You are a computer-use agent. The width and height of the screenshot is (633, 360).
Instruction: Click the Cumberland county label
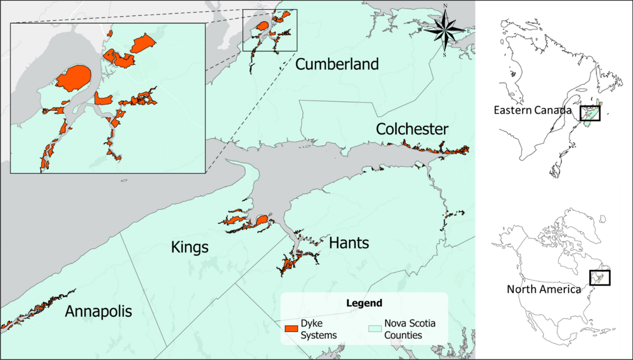click(337, 64)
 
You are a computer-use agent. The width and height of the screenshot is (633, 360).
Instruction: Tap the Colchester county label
click(412, 129)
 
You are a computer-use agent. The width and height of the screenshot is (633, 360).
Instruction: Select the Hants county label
click(349, 243)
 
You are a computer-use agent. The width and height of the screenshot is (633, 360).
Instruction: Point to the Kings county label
click(190, 248)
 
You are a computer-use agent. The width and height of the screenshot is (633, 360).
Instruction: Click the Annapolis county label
click(98, 312)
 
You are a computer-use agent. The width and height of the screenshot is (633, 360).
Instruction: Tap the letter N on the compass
click(446, 7)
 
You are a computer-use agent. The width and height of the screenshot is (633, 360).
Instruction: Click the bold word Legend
click(364, 304)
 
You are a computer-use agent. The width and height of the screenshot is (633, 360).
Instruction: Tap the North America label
click(543, 289)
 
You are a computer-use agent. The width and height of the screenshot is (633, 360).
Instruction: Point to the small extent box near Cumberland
click(270, 30)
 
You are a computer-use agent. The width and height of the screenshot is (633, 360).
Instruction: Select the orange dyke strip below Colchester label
click(435, 149)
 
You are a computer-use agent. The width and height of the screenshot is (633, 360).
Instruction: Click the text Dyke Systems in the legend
click(319, 328)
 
